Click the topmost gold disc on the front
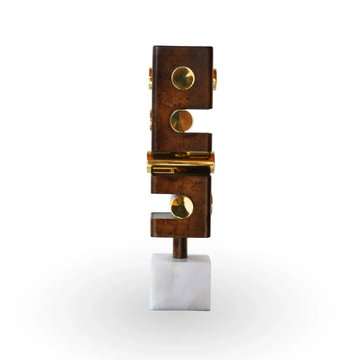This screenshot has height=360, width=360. pos(183,78)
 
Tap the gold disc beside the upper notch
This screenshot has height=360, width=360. pos(181,121)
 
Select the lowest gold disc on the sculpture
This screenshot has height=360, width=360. pos(181,206)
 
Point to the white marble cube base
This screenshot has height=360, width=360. pos(181,281)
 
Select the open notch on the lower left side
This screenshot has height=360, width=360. pos(160,206)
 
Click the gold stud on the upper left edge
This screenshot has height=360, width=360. pos(151,79)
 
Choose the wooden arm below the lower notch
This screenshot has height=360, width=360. pos(179,228)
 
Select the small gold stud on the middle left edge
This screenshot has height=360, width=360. pos(151,119)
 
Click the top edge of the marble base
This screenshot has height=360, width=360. pos(181,254)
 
